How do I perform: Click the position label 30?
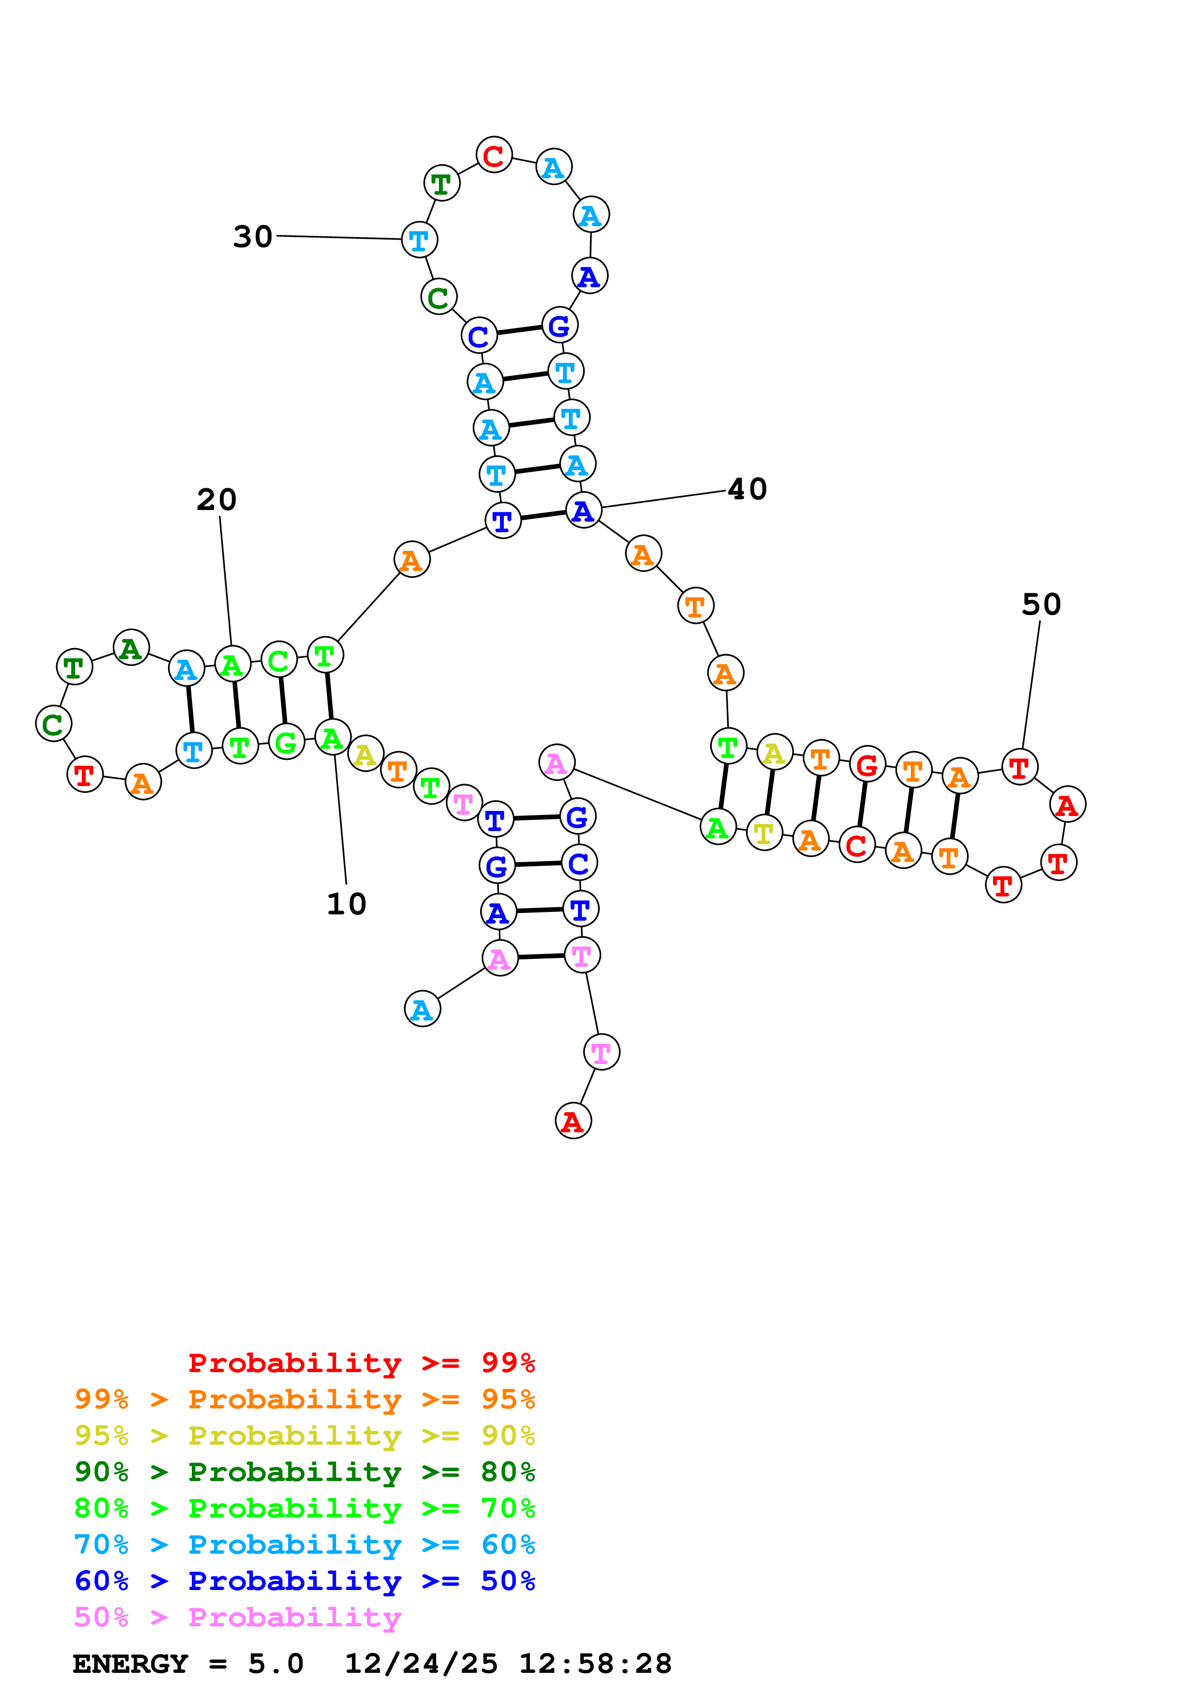(252, 237)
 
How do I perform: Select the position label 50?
(1041, 604)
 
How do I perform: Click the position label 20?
(216, 499)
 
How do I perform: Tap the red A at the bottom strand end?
(573, 1121)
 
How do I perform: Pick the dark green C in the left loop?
(53, 724)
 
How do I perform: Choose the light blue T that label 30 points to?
(419, 240)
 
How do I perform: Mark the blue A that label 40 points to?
(583, 510)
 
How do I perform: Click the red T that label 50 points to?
(1019, 767)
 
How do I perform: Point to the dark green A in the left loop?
(131, 648)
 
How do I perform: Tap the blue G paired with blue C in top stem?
(560, 325)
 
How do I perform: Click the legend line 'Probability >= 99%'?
(361, 1362)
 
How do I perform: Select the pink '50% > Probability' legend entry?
(237, 1617)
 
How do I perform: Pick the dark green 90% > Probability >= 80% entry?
(305, 1472)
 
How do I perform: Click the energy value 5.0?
(275, 1664)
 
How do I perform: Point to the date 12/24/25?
(421, 1664)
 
